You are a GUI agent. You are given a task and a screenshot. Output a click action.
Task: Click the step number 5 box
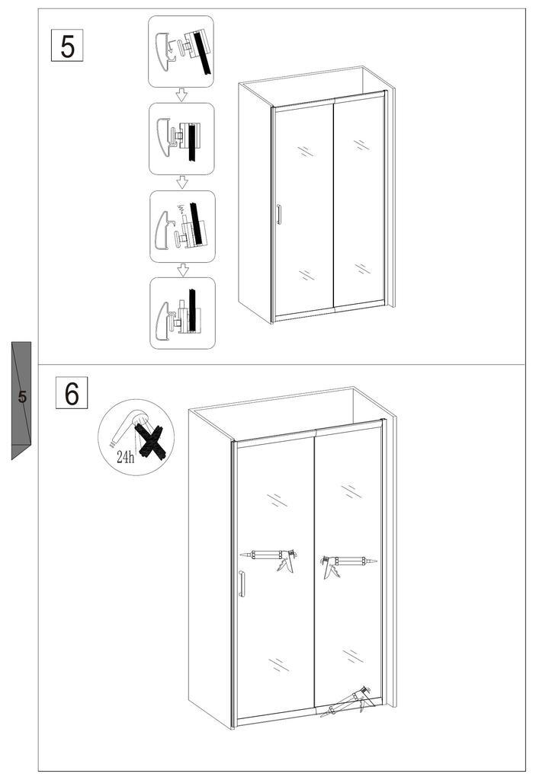click(x=67, y=46)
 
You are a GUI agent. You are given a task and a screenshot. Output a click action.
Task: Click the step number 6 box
click(x=72, y=393)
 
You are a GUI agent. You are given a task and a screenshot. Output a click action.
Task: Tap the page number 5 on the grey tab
click(x=22, y=397)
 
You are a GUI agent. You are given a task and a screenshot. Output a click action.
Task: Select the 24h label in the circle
click(x=126, y=457)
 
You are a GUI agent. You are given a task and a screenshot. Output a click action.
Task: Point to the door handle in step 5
click(x=279, y=214)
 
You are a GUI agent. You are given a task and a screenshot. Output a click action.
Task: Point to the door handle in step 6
click(x=242, y=583)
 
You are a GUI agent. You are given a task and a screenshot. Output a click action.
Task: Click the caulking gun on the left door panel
click(x=269, y=560)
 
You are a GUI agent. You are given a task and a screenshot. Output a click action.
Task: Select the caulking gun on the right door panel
click(x=348, y=564)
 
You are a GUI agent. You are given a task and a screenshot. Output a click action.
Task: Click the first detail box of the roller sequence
click(x=181, y=52)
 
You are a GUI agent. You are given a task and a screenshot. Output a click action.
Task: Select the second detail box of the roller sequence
click(x=181, y=139)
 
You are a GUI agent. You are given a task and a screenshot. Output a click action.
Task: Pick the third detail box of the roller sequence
click(x=183, y=226)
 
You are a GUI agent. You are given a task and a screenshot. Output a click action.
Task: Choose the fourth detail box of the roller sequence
click(x=183, y=313)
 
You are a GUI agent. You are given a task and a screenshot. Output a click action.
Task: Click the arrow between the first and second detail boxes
click(x=181, y=95)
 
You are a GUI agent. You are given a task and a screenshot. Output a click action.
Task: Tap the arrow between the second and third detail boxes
click(x=183, y=183)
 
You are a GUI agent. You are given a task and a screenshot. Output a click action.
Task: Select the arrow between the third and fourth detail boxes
click(x=183, y=270)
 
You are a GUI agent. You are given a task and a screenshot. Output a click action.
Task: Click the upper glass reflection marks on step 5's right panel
click(x=361, y=145)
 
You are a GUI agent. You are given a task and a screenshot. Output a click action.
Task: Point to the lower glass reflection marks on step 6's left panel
click(x=278, y=664)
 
